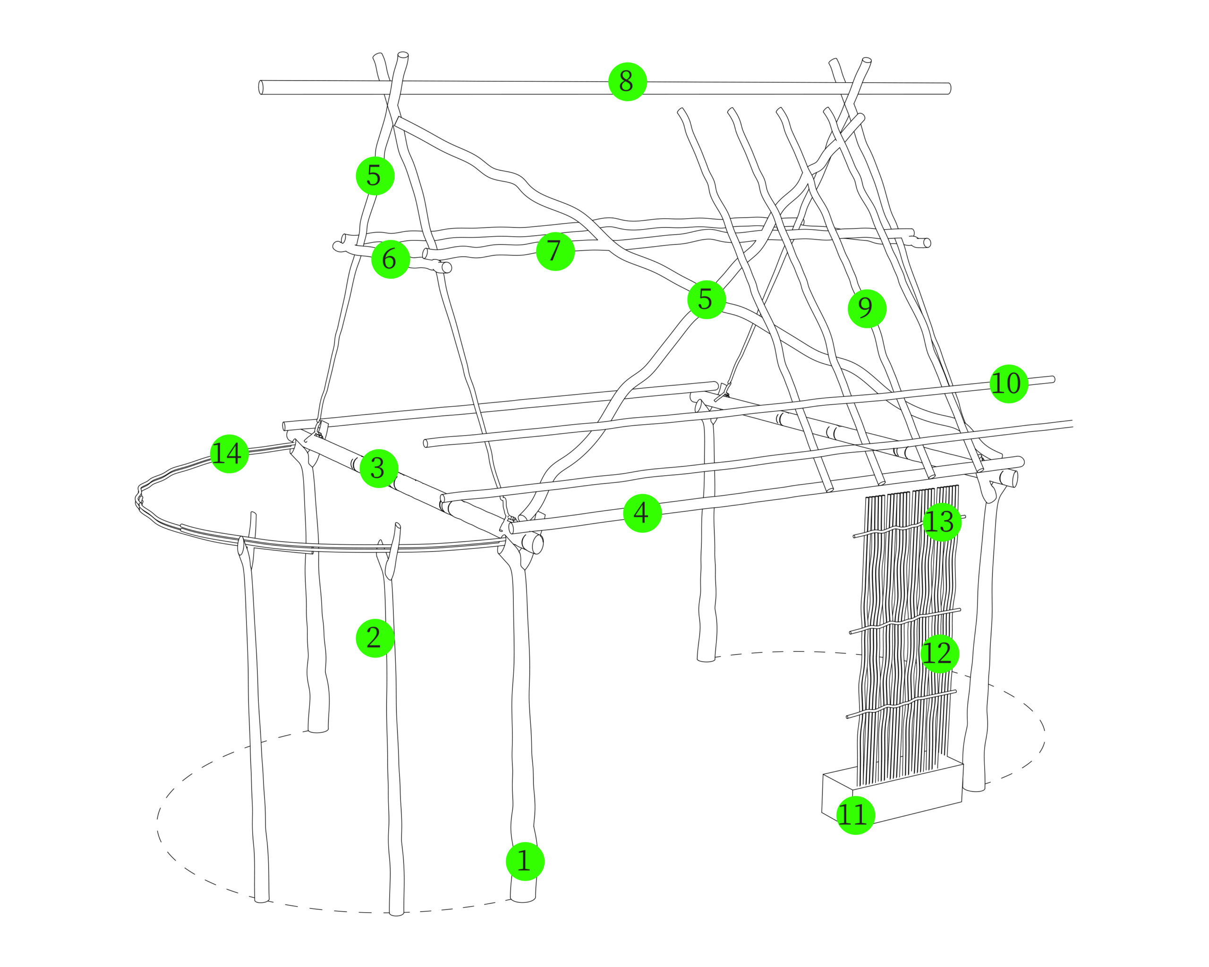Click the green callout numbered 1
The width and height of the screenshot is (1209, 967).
525,861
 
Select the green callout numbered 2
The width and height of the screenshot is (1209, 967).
375,638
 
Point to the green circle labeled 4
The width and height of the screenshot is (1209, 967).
642,513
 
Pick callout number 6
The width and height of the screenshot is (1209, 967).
390,259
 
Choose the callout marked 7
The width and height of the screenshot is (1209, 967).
555,251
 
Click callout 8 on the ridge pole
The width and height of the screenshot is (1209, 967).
628,82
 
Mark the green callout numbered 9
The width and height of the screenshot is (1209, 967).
867,308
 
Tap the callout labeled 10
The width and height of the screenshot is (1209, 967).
1008,384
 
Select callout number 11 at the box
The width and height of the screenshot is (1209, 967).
855,815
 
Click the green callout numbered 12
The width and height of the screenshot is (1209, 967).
939,653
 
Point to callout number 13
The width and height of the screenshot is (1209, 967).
942,522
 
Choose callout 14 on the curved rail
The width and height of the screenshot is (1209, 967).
229,453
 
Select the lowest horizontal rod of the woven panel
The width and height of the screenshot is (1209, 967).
902,704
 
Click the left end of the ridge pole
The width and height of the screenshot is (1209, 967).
261,87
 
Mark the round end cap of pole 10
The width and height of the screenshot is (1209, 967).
1053,380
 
